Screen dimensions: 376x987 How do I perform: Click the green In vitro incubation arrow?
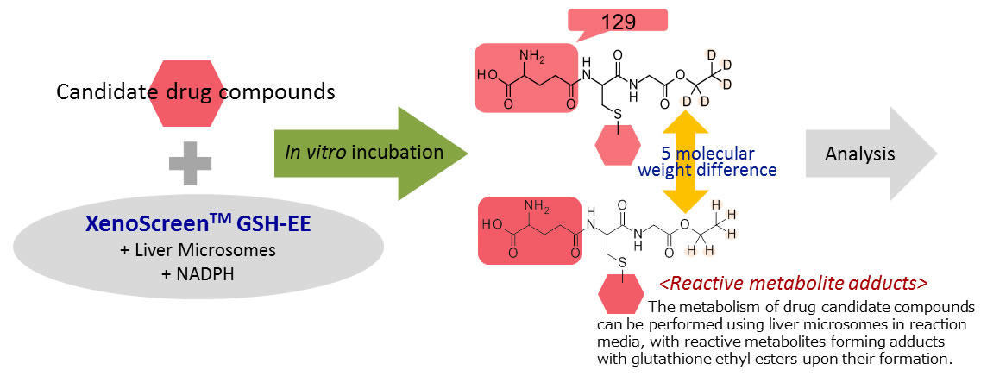371,153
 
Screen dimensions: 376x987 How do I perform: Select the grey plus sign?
189,162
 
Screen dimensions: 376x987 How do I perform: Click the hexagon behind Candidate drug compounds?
189,91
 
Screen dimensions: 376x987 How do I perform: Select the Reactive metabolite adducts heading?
793,283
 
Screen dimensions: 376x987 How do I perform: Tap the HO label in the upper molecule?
487,75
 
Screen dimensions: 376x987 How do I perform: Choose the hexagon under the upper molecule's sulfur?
618,145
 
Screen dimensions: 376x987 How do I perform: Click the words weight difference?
707,170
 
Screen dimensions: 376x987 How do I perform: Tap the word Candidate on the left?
94,92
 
